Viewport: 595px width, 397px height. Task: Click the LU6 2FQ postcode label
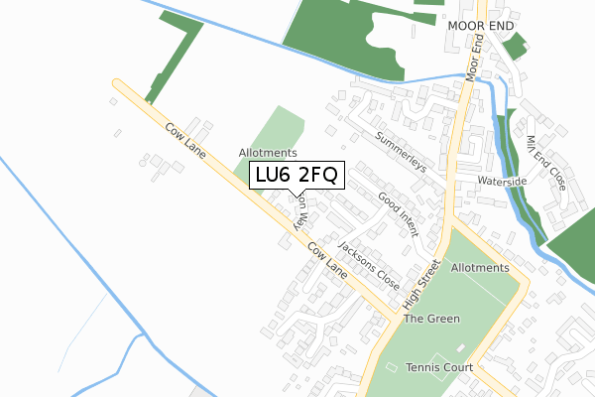pyautogui.click(x=297, y=176)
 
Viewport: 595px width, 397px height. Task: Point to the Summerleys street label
pyautogui.click(x=401, y=151)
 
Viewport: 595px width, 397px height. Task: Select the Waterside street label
pyautogui.click(x=501, y=183)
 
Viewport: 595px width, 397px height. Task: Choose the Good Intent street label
pyautogui.click(x=400, y=214)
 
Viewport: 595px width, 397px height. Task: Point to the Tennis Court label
pyautogui.click(x=439, y=367)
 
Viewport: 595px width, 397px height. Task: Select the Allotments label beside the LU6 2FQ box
pyautogui.click(x=268, y=153)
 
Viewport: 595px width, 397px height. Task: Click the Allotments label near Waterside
pyautogui.click(x=479, y=268)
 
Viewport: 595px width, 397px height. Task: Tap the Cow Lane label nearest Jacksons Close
pyautogui.click(x=327, y=261)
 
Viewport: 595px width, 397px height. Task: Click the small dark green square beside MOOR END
pyautogui.click(x=514, y=47)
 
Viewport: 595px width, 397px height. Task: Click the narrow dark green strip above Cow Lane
pyautogui.click(x=174, y=60)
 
